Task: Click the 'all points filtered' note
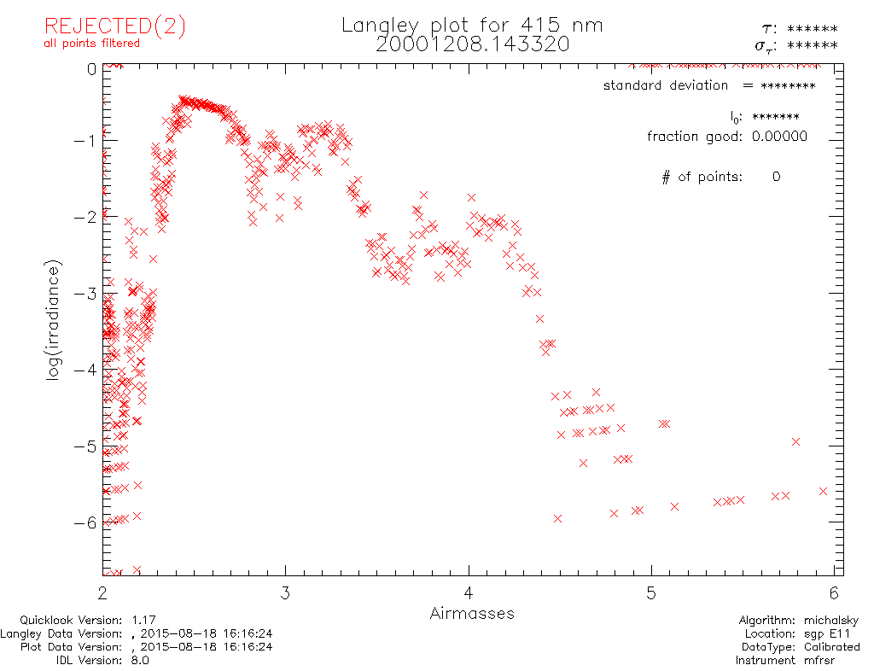click(x=92, y=43)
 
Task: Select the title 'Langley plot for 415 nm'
click(x=472, y=26)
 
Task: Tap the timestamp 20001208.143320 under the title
click(x=472, y=44)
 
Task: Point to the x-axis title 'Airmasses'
click(x=472, y=614)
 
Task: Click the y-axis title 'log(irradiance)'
click(x=53, y=321)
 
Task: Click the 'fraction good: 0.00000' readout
click(x=726, y=137)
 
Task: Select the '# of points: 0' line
click(x=721, y=178)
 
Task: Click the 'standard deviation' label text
click(x=666, y=85)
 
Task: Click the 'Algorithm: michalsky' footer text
click(x=798, y=621)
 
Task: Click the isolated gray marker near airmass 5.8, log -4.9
click(x=795, y=441)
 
